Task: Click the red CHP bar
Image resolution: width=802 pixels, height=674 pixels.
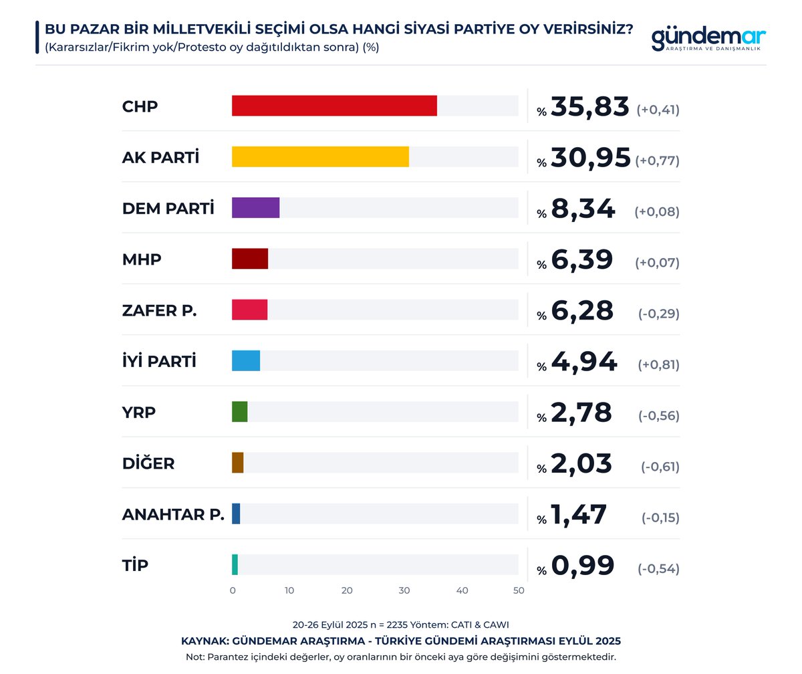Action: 334,106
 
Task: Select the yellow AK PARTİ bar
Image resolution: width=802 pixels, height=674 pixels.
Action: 320,156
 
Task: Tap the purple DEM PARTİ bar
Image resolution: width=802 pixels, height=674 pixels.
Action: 255,208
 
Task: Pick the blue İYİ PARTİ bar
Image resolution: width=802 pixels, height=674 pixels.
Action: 246,360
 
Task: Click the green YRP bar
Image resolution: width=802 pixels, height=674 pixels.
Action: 240,411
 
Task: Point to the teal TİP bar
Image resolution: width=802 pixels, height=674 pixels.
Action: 235,564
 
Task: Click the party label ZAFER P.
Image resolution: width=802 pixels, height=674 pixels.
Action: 159,310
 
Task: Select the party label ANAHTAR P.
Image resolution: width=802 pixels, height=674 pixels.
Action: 172,514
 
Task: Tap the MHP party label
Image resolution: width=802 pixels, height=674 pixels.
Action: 142,259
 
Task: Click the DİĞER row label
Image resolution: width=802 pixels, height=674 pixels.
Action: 148,463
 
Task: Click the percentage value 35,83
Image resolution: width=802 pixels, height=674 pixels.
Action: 590,107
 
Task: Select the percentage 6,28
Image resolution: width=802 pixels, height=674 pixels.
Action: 582,311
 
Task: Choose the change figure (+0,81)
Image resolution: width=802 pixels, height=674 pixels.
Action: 658,365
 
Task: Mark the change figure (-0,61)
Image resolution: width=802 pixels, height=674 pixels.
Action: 660,467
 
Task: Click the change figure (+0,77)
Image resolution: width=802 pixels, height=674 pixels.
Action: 658,161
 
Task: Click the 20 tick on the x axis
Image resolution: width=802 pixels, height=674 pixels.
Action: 347,590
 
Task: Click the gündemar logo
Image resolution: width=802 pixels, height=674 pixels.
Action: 708,39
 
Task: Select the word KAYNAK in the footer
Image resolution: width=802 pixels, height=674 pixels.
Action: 205,641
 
